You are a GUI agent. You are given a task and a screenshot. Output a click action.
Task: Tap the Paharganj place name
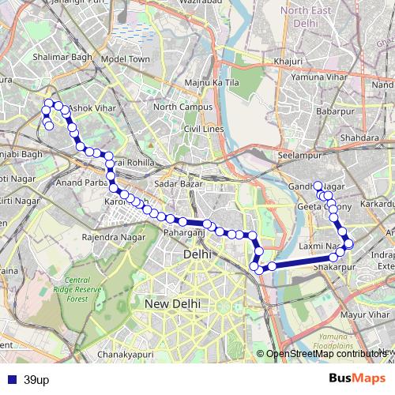[x=184, y=233]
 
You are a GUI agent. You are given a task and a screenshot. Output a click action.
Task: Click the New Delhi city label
[x=173, y=303]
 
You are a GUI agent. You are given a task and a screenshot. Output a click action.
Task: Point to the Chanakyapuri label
[x=124, y=355]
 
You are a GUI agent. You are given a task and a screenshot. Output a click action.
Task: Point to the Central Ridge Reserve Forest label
[x=87, y=289]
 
